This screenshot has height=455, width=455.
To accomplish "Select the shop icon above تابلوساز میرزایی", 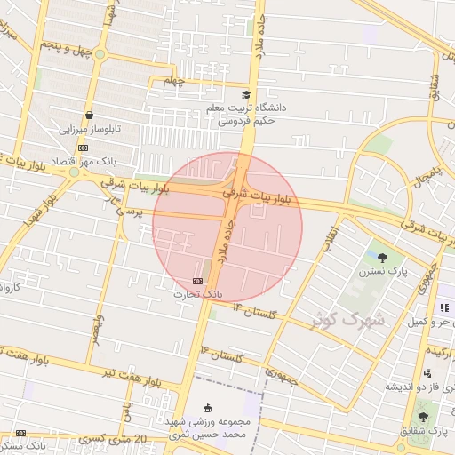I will click(90, 116).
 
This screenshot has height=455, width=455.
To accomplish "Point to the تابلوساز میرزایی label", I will click(89, 130).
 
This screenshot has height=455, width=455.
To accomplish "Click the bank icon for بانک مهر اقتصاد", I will click(83, 148).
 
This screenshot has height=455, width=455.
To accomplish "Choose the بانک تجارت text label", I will click(196, 293).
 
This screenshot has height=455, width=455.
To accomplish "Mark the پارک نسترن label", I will click(384, 273).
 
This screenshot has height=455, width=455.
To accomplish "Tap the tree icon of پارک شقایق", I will click(422, 417).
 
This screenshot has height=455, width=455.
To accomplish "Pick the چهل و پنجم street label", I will click(68, 49).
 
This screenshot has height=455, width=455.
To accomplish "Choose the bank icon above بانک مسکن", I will click(20, 433).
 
